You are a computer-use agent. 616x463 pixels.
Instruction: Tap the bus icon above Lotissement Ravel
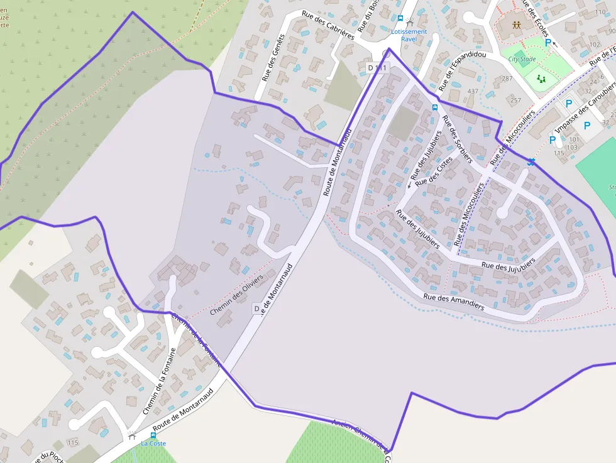coord(400,19)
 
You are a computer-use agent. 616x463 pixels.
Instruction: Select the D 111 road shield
coord(378,67)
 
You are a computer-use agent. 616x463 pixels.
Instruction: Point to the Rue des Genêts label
coord(273,57)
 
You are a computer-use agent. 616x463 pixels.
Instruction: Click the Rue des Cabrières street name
coord(327,25)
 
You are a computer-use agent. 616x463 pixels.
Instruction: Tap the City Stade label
coord(522,59)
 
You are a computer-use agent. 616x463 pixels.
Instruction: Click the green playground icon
coord(541,79)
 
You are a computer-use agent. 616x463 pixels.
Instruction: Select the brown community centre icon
coord(516,26)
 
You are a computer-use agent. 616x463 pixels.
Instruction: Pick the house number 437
coord(473,91)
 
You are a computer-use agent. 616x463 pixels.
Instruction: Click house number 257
coord(515,101)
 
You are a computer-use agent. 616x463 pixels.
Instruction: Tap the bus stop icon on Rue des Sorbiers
coord(434,107)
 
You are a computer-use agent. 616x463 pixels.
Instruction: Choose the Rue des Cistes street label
coord(434,171)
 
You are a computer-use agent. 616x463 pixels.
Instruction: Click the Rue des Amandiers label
coord(454,302)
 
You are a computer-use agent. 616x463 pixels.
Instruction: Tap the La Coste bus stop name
coord(153,444)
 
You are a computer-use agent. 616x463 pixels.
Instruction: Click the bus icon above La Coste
coord(153,435)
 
